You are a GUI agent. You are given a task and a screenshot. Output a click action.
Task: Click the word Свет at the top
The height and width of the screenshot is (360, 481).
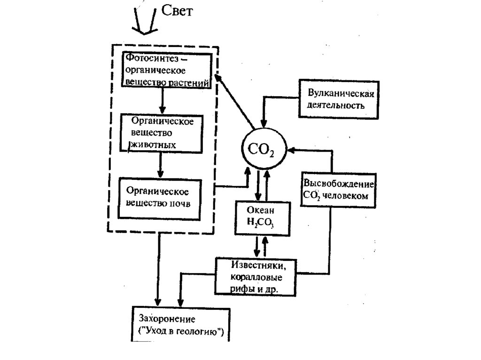tap(177, 11)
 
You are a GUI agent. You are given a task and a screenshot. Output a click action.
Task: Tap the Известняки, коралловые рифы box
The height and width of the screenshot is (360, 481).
tap(256, 276)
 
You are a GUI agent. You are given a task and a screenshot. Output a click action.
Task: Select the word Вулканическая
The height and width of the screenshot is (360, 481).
tap(341, 93)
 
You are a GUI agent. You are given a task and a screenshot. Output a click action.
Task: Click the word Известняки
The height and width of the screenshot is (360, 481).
tap(256, 266)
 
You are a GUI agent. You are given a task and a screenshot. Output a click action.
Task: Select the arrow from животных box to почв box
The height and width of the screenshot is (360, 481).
tap(160, 164)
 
